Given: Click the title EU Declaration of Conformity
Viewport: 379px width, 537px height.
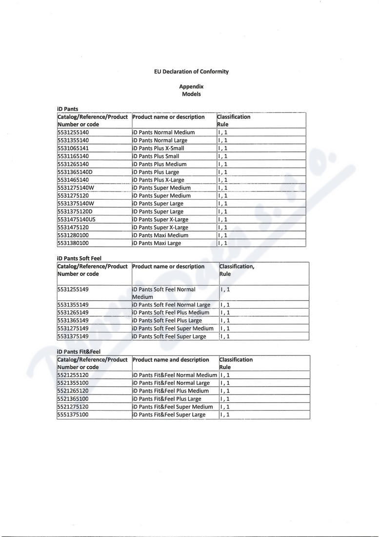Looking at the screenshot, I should pyautogui.click(x=191, y=71).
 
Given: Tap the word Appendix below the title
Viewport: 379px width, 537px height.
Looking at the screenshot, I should pyautogui.click(x=191, y=86).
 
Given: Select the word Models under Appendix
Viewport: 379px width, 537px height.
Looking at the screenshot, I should pyautogui.click(x=191, y=94).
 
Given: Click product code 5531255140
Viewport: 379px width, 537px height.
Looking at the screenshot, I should pyautogui.click(x=73, y=132).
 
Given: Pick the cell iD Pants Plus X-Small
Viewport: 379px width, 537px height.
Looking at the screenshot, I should pyautogui.click(x=158, y=148).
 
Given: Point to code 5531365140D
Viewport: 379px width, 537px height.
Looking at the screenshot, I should pyautogui.click(x=75, y=172).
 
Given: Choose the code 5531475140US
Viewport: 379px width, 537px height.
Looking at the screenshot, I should pyautogui.click(x=76, y=219).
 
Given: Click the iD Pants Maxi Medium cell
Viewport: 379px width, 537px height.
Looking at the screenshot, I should pyautogui.click(x=160, y=235).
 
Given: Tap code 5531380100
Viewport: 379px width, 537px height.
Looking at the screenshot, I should pyautogui.click(x=73, y=243).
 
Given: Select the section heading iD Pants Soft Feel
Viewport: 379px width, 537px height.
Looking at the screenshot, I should pyautogui.click(x=79, y=258).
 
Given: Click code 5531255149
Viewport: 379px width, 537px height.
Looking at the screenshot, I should pyautogui.click(x=73, y=289).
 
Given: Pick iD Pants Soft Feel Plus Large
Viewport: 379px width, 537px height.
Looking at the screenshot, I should pyautogui.click(x=167, y=320).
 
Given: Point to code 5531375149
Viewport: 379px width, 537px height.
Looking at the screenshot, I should pyautogui.click(x=73, y=336).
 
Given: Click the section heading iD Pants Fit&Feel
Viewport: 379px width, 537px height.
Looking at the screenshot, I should pyautogui.click(x=79, y=351).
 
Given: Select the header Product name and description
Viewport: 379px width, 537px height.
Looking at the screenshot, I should pyautogui.click(x=170, y=360).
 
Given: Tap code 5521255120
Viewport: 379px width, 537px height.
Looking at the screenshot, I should pyautogui.click(x=73, y=375).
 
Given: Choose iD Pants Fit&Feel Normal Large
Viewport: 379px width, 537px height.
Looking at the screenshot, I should pyautogui.click(x=171, y=383).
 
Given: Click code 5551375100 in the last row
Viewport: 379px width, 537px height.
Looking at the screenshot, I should pyautogui.click(x=73, y=414).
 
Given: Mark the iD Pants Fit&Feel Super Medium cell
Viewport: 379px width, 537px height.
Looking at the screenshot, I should pyautogui.click(x=173, y=407).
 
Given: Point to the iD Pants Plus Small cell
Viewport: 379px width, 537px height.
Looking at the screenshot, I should pyautogui.click(x=156, y=156).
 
